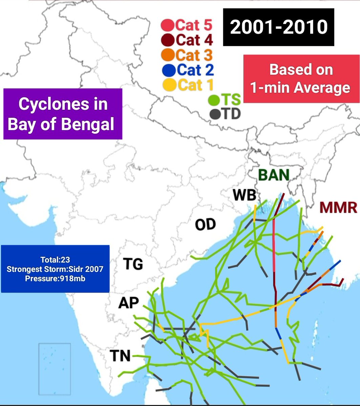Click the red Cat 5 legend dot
pos(168,25)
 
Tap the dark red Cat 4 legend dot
pos(168,40)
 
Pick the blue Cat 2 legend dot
pos(168,70)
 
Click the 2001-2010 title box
pos(279,27)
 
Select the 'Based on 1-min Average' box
pos(301,79)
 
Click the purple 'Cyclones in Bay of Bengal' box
pos(63,114)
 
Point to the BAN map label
pos(274,175)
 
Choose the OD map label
pos(205,225)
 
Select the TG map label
pos(132,264)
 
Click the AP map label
pos(128,303)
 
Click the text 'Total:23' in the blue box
pos(55,260)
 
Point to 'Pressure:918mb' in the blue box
pos(55,278)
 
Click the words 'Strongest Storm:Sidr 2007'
pos(55,269)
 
